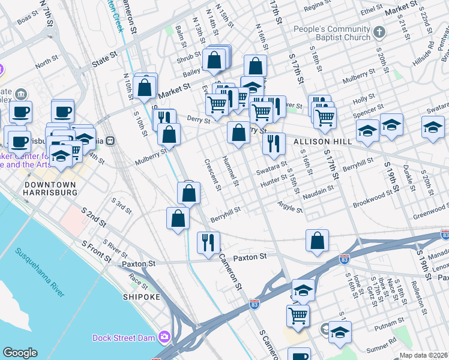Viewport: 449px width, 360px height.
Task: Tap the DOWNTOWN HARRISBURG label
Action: tap(50, 188)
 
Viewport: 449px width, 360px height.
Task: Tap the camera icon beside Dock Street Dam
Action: tap(164, 337)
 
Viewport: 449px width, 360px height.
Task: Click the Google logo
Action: tap(20, 353)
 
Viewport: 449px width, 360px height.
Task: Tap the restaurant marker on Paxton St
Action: tap(208, 242)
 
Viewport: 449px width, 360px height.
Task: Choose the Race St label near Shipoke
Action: tap(138, 280)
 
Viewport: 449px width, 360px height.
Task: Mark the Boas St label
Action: tap(28, 20)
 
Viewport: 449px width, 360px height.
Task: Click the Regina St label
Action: tap(318, 8)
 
